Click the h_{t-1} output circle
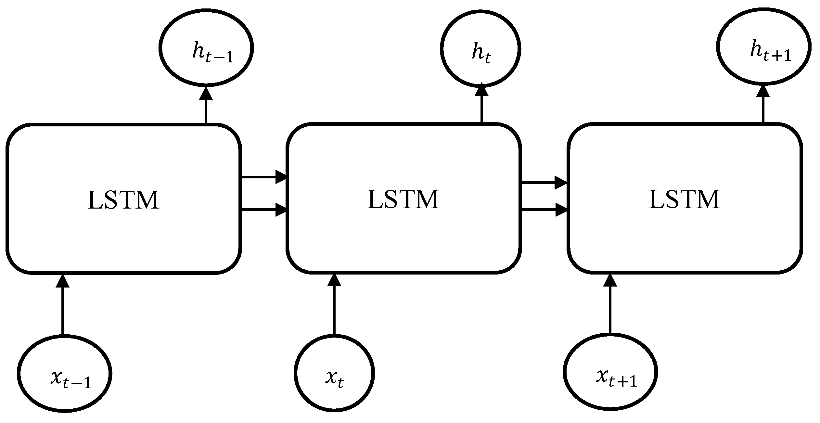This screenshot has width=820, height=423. pyautogui.click(x=206, y=48)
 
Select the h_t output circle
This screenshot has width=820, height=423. pyautogui.click(x=481, y=49)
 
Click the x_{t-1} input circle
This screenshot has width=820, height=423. pyautogui.click(x=65, y=374)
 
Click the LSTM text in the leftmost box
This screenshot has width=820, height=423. pyautogui.click(x=123, y=200)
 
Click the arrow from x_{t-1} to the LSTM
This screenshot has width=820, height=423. pyautogui.click(x=63, y=305)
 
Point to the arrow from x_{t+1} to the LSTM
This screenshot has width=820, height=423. pyautogui.click(x=610, y=305)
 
